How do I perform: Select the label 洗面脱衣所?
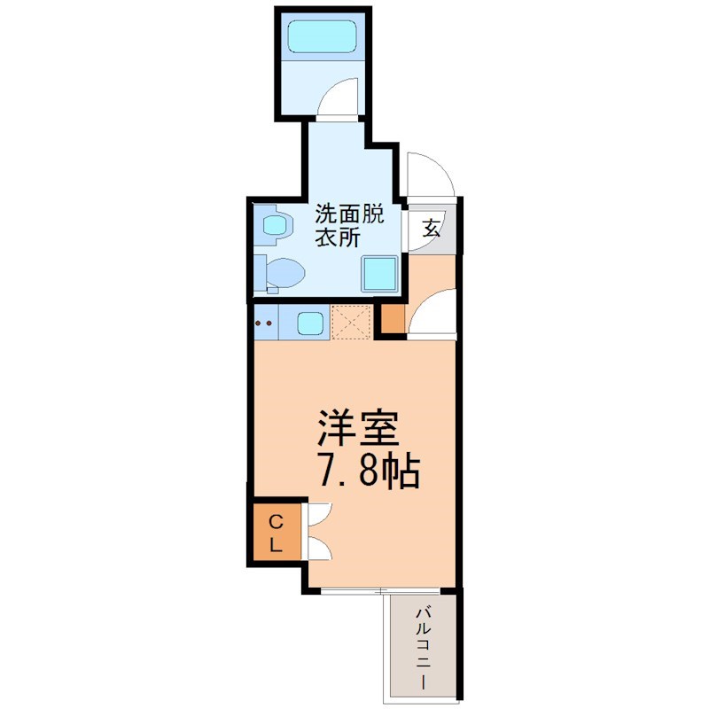[x=349, y=225]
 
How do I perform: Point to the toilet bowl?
[x=284, y=273]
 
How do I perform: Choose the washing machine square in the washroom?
[x=379, y=273]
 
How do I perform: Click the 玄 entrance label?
[x=432, y=228]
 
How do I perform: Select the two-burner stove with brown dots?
[x=265, y=323]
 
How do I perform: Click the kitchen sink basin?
[x=310, y=323]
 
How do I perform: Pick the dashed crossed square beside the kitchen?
[x=351, y=322]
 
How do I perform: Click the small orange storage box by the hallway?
[x=393, y=319]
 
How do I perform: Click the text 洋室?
[x=359, y=428]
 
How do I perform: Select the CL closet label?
[x=276, y=534]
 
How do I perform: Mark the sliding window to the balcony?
[x=380, y=590]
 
